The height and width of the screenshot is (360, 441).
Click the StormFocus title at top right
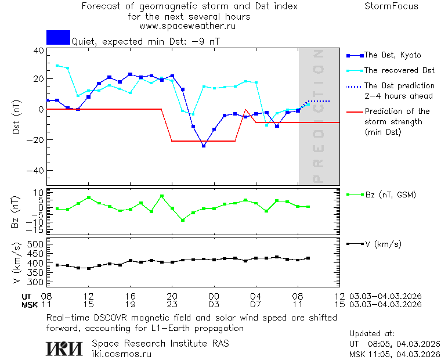coord(391,6)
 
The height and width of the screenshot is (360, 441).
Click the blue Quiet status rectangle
coord(58,37)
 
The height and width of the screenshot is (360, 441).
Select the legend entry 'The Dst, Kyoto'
coord(392,55)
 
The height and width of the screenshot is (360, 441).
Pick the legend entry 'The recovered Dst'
coord(399,70)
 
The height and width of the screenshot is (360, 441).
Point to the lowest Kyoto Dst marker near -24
coord(204,145)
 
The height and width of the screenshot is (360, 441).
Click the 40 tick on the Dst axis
coord(39,51)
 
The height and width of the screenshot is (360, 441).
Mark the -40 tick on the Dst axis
coord(37,171)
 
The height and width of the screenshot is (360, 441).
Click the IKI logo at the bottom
coord(65,348)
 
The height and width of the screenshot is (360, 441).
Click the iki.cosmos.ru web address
coord(121,353)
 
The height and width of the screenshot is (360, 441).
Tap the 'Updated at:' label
coord(372,333)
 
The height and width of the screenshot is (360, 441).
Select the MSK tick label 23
coord(172,304)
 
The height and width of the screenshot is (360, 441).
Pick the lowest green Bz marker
coord(183,220)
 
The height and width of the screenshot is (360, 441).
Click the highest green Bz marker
coord(162,196)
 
